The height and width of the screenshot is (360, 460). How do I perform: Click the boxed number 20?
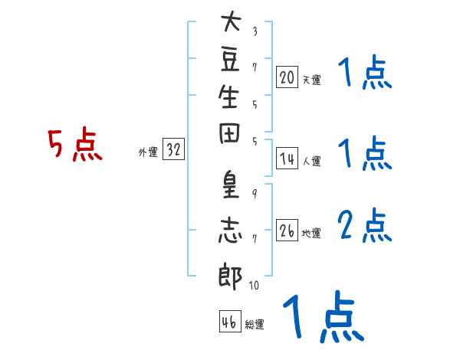[287, 77]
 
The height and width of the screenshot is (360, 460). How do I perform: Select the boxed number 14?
[287, 159]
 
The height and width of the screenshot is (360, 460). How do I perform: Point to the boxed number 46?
[229, 322]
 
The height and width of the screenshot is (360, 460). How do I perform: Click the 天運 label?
[311, 80]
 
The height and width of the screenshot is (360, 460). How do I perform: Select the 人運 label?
[311, 161]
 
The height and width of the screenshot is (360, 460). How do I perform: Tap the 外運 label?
[148, 152]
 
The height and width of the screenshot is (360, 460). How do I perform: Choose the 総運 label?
[254, 325]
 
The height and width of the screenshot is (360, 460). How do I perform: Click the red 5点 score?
[74, 146]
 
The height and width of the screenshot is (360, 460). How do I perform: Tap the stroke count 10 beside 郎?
[254, 286]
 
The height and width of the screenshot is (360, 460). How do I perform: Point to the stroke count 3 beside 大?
[255, 31]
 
